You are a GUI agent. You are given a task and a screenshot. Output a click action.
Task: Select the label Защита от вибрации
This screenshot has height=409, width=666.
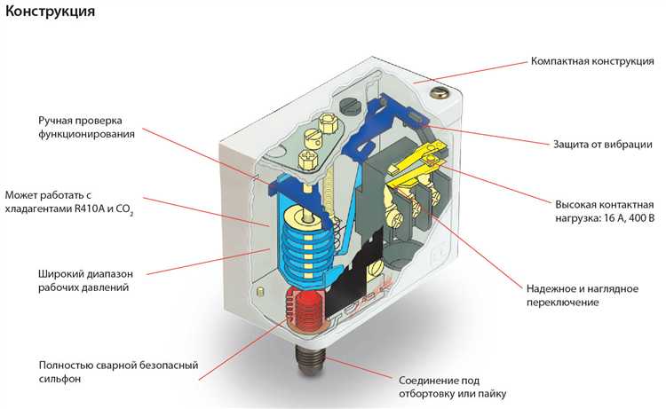pos(603,144)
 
